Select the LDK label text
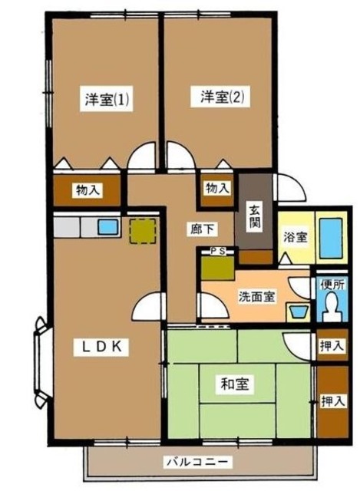[103, 346]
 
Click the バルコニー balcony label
[196, 463]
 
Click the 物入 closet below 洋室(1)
[87, 189]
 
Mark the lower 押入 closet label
[332, 400]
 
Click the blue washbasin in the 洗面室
[297, 314]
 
